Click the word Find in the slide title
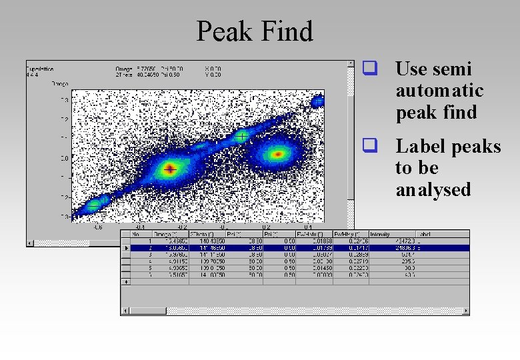click(286, 31)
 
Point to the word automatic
click(439, 91)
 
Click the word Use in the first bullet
click(411, 69)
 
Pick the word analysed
click(433, 190)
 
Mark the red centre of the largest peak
click(170, 169)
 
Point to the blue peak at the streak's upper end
click(318, 101)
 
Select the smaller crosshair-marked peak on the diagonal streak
click(242, 137)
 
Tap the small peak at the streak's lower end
click(95, 204)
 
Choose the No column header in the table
click(137, 234)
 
